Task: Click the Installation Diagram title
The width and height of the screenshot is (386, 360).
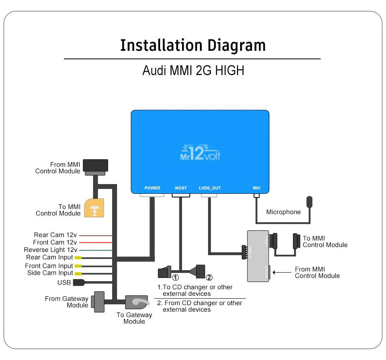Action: (193, 45)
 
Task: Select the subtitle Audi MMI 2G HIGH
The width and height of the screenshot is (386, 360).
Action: (193, 70)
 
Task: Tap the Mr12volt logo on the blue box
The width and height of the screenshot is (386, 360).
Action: (200, 153)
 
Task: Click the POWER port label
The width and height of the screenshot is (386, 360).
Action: (152, 188)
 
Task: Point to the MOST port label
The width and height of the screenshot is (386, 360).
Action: (181, 188)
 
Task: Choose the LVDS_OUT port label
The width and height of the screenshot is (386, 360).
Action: (210, 188)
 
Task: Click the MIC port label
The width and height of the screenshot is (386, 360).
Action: (256, 188)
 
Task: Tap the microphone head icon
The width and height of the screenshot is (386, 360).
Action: (310, 202)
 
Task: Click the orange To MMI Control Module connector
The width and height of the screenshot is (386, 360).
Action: (94, 208)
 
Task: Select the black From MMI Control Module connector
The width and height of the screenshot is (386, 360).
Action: (96, 166)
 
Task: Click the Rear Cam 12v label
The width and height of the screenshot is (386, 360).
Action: (55, 235)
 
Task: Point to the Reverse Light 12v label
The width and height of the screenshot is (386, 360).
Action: (50, 250)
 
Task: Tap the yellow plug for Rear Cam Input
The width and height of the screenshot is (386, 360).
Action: (77, 258)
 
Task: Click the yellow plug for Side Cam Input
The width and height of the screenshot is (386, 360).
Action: (77, 273)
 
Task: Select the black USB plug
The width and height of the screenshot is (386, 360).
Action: (78, 282)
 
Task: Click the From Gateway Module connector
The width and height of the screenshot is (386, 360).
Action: (98, 301)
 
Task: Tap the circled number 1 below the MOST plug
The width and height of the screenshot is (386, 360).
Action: (176, 278)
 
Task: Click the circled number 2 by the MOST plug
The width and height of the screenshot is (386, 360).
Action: (209, 278)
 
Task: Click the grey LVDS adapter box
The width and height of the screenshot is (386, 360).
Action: (258, 256)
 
